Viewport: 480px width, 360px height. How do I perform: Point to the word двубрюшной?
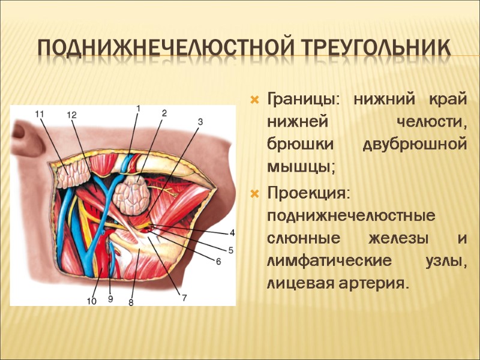pyautogui.click(x=415, y=145)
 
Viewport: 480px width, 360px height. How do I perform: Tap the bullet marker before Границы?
pyautogui.click(x=255, y=98)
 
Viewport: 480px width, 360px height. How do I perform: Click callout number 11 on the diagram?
pyautogui.click(x=40, y=113)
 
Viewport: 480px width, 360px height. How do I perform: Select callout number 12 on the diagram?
pyautogui.click(x=72, y=114)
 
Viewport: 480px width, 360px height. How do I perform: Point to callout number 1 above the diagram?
pyautogui.click(x=138, y=108)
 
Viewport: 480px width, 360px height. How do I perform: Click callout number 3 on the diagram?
pyautogui.click(x=200, y=121)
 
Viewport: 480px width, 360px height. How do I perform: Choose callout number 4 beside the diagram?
pyautogui.click(x=232, y=233)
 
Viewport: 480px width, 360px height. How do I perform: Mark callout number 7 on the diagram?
pyautogui.click(x=184, y=296)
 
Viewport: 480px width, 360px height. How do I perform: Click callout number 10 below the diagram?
pyautogui.click(x=91, y=301)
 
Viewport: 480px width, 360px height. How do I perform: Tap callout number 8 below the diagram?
pyautogui.click(x=131, y=303)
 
